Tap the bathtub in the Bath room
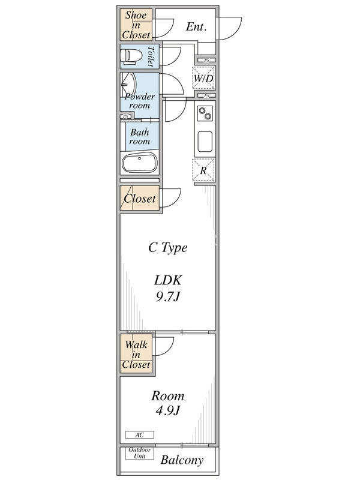[x=140, y=163]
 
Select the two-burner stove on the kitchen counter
[x=205, y=113]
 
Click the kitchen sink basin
[x=205, y=142]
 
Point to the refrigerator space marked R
[x=204, y=170]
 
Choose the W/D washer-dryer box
[x=204, y=78]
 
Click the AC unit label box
[x=140, y=434]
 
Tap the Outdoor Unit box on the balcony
[x=140, y=453]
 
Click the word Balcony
[x=182, y=460]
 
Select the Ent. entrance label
[x=196, y=27]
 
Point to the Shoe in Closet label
[x=136, y=25]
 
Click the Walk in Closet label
[x=136, y=355]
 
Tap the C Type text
[x=168, y=248]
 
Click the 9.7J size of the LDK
[x=168, y=296]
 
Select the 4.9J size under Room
[x=168, y=410]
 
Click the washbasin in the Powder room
[x=128, y=84]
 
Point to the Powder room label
[x=140, y=101]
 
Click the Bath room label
[x=140, y=137]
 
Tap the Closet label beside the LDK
[x=140, y=199]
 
